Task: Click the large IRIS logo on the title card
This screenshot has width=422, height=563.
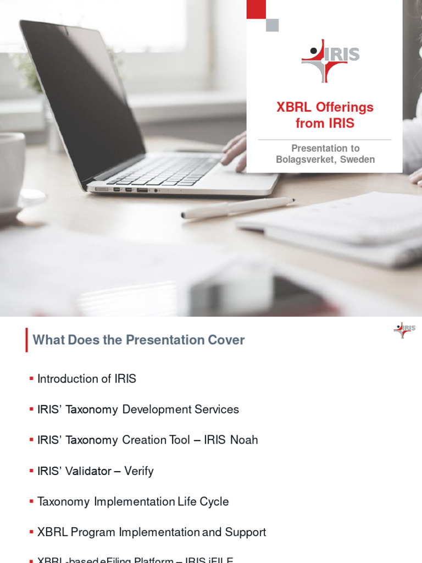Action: pyautogui.click(x=330, y=60)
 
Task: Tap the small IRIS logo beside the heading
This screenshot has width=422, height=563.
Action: pyautogui.click(x=404, y=330)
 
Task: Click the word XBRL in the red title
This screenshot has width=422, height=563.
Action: pyautogui.click(x=293, y=107)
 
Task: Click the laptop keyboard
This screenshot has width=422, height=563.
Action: pyautogui.click(x=165, y=170)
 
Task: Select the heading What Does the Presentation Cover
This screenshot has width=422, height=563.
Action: pyautogui.click(x=138, y=340)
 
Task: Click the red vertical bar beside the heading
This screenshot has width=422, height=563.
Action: pyautogui.click(x=26, y=340)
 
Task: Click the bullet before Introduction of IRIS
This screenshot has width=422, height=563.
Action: pyautogui.click(x=31, y=379)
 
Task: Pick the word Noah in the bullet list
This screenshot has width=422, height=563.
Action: pyautogui.click(x=244, y=440)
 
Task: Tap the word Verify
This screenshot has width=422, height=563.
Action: pyautogui.click(x=139, y=471)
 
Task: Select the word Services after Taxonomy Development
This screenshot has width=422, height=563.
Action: pyautogui.click(x=215, y=409)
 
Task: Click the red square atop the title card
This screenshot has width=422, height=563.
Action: pyautogui.click(x=256, y=9)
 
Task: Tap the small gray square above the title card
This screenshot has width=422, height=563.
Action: pyautogui.click(x=272, y=25)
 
